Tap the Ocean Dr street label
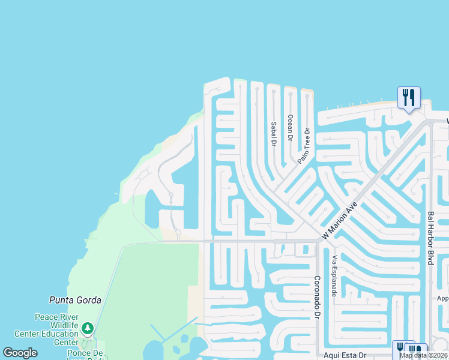[x=290, y=127]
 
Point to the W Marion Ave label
[x=340, y=221]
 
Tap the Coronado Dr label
[x=318, y=298]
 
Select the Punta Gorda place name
[x=75, y=300]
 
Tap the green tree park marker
[x=88, y=328]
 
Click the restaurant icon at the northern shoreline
[x=408, y=97]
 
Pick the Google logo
[x=20, y=353]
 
